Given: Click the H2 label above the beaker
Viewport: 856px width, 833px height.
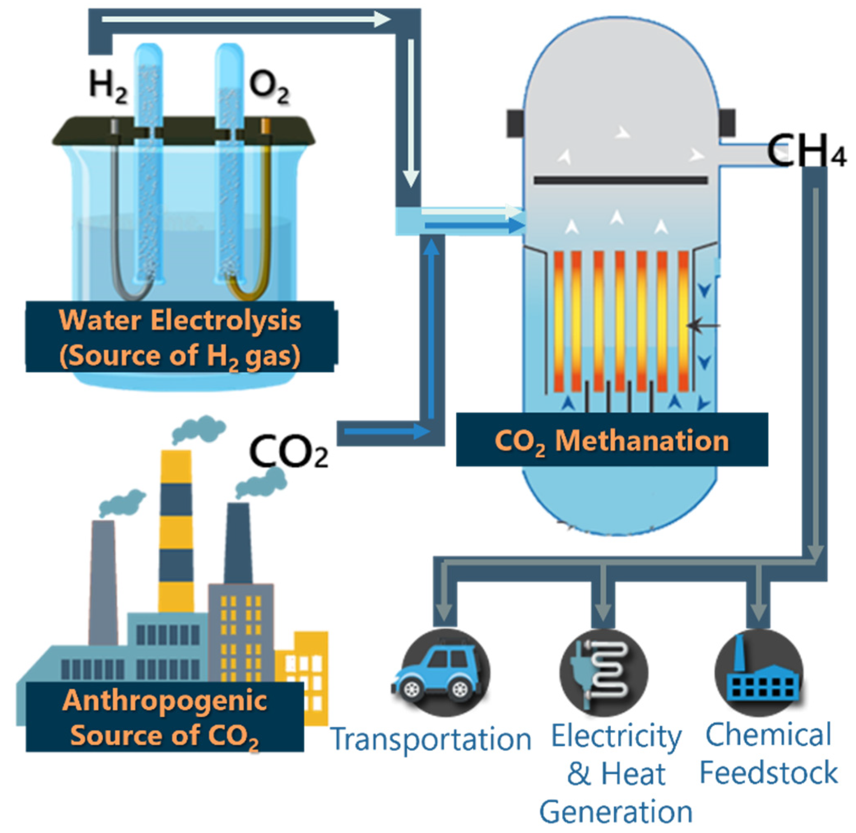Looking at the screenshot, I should pyautogui.click(x=108, y=86).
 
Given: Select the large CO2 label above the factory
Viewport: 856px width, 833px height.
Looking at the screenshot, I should pyautogui.click(x=288, y=452).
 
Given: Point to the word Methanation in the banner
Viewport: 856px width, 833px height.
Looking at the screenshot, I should pyautogui.click(x=642, y=441).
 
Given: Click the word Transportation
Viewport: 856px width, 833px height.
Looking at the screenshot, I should pyautogui.click(x=430, y=739).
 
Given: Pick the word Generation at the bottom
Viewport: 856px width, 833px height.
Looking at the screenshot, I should pyautogui.click(x=616, y=812).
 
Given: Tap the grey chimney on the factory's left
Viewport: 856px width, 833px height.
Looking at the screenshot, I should pyautogui.click(x=103, y=582).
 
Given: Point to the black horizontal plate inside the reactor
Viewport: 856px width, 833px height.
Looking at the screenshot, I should pyautogui.click(x=620, y=180).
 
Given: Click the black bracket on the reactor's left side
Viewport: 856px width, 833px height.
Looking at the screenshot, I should pyautogui.click(x=515, y=123).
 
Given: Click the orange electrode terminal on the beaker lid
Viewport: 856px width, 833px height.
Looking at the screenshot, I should pyautogui.click(x=265, y=127).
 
